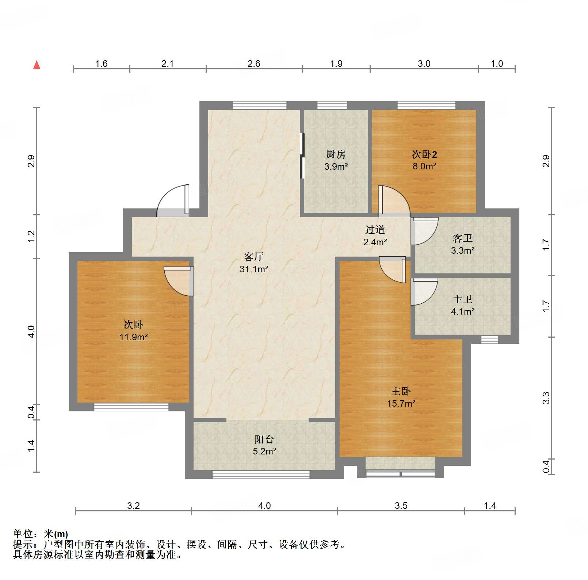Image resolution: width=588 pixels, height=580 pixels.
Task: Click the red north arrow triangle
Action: [37, 65]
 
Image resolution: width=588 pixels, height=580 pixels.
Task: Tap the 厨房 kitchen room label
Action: [336, 154]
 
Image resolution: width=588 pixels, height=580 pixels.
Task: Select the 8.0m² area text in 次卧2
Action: [424, 166]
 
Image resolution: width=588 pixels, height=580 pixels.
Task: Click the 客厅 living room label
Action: [253, 257]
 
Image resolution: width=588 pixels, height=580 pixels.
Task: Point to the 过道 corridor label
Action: [375, 230]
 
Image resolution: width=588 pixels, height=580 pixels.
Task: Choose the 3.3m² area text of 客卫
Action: [462, 251]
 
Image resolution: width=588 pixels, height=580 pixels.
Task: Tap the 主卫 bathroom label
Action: [462, 300]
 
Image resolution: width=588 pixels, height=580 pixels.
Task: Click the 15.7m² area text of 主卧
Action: [401, 404]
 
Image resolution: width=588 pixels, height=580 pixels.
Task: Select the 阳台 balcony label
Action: [264, 439]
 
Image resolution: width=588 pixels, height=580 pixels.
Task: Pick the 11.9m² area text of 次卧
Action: [133, 337]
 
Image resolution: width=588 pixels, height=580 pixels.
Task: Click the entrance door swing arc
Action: [172, 201]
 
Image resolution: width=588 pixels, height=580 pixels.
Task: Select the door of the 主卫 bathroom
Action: [424, 291]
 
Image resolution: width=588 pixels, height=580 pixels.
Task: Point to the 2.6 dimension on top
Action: [253, 64]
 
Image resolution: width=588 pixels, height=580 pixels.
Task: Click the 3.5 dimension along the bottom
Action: [401, 506]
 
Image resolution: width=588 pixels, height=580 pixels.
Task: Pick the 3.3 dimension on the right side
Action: [546, 398]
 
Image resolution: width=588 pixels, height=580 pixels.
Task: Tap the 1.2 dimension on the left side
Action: [31, 236]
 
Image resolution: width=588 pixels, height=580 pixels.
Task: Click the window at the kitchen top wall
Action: [332, 105]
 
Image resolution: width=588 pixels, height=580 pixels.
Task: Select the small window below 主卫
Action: [489, 340]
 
